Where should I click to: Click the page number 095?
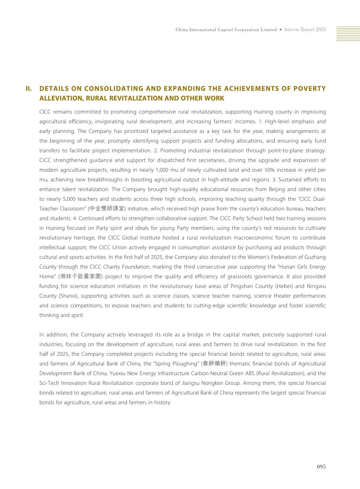pos(321,467)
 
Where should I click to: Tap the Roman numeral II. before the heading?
pos(29,89)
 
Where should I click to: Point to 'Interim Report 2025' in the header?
pos(305,30)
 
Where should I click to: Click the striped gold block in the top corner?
pos(348,34)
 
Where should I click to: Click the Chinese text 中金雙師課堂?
pos(106,209)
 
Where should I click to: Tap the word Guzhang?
pos(316,257)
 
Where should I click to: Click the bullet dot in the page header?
pos(281,30)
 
